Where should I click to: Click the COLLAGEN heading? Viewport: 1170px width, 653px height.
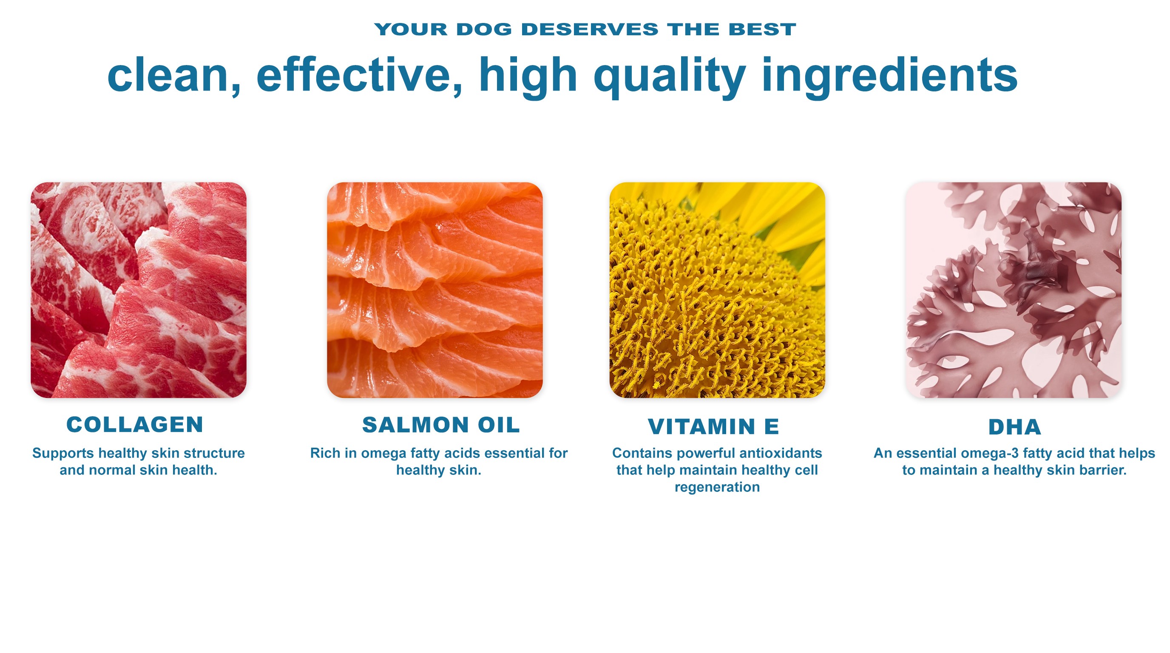134,425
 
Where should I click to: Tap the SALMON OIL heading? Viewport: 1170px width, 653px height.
440,425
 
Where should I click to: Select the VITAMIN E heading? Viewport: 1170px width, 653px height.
713,426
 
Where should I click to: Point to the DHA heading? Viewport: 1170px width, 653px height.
1015,427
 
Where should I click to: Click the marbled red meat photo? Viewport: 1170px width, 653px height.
139,290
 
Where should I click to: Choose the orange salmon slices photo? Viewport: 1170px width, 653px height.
434,290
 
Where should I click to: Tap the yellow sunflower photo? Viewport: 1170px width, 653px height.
717,290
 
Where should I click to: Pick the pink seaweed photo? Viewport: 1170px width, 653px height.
1014,290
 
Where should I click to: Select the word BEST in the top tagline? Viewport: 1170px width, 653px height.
762,29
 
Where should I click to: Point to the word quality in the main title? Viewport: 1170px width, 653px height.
670,78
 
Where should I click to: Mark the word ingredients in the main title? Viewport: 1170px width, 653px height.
889,78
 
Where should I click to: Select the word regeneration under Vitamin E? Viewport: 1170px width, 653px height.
717,487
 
